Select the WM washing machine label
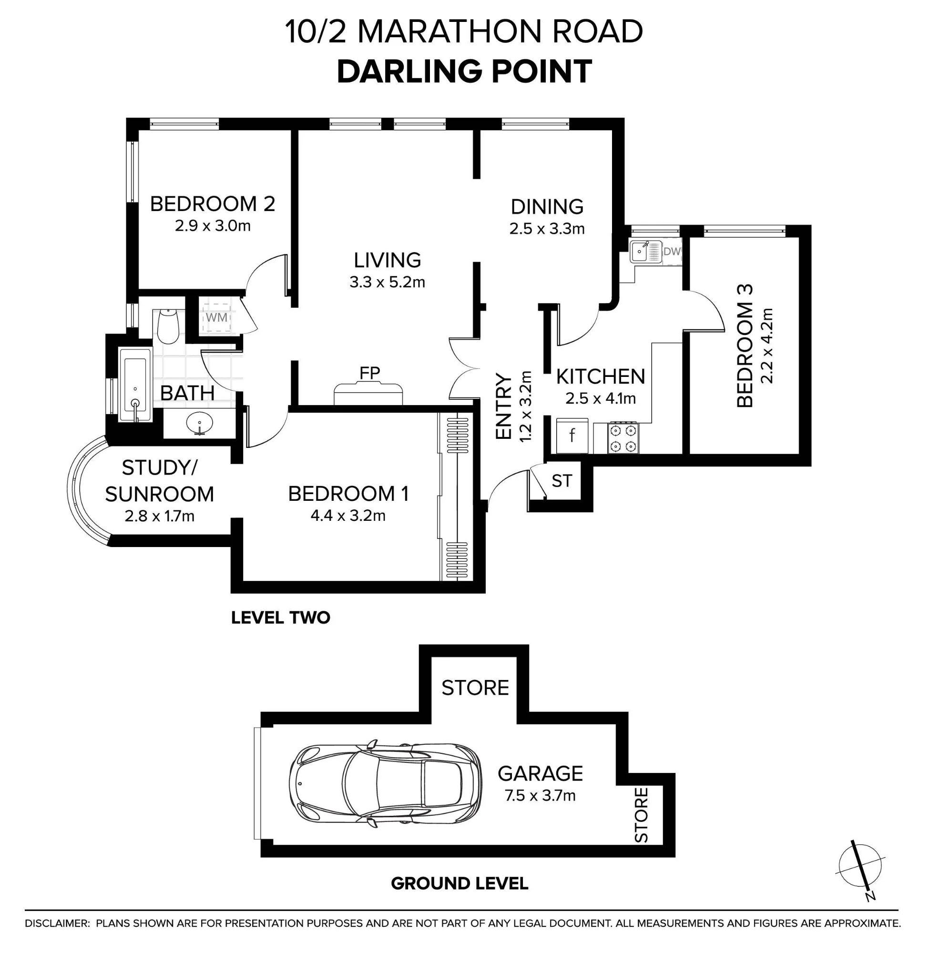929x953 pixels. tap(216, 317)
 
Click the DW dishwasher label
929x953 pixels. tap(672, 252)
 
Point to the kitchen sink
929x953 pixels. tap(645, 252)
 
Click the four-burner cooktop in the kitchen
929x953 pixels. tap(623, 437)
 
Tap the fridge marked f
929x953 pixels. tap(572, 435)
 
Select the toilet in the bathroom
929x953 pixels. tap(168, 326)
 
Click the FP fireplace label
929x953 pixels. tap(369, 373)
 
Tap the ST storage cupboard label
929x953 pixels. tap(561, 481)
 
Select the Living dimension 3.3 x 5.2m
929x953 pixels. tap(388, 282)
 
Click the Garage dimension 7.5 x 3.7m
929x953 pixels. tap(540, 795)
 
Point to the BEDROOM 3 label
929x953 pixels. tap(745, 346)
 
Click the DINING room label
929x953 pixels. tap(547, 207)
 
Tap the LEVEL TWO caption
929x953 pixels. tap(281, 618)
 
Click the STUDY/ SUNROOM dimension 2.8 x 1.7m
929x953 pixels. tap(160, 516)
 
